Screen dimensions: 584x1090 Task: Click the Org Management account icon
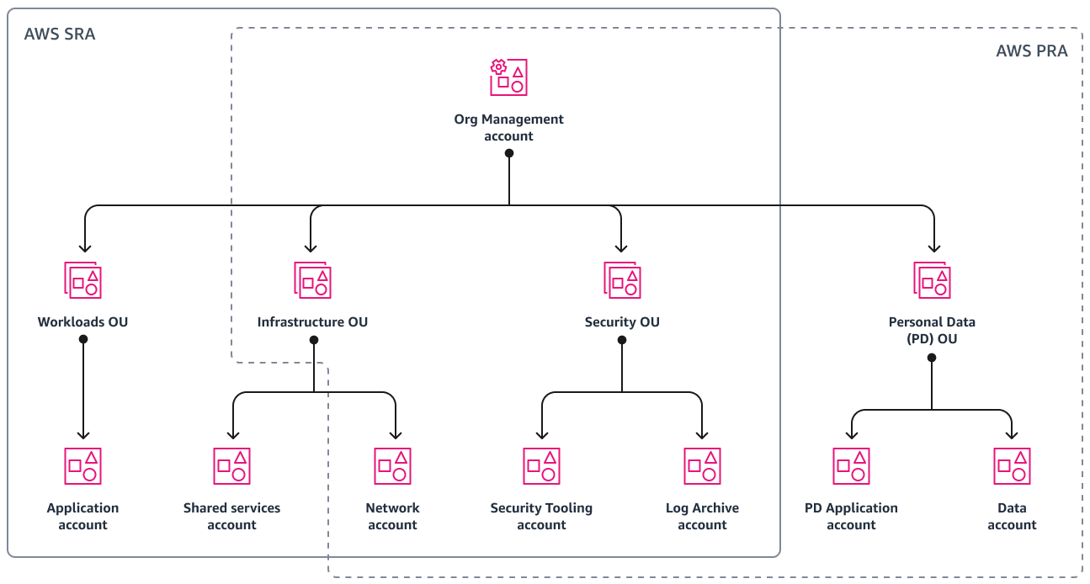coord(508,77)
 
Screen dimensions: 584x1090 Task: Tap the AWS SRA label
coord(59,35)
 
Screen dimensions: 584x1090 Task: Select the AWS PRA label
coord(1031,51)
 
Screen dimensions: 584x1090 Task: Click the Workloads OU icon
coord(82,279)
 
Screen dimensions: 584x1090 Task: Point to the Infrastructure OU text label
coord(312,322)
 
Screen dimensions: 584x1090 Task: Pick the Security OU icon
coord(622,279)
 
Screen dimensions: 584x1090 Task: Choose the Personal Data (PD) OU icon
coord(932,279)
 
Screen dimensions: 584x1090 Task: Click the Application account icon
coord(82,465)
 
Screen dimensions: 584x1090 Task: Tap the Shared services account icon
coord(231,465)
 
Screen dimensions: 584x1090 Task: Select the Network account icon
coord(392,465)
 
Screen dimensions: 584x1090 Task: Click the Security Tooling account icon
coord(541,465)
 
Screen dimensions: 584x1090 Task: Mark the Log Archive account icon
coord(702,465)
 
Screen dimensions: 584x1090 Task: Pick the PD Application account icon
coord(851,465)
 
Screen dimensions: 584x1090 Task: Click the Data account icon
coord(1012,465)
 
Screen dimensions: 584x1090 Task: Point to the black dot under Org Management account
coord(508,153)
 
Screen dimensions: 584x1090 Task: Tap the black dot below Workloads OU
coord(82,339)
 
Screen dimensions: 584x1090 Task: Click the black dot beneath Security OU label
coord(622,340)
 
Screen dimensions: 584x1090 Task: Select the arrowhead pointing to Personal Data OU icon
coord(933,247)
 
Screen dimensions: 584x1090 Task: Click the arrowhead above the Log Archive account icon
coord(702,434)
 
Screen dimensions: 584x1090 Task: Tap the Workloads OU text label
coord(82,322)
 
